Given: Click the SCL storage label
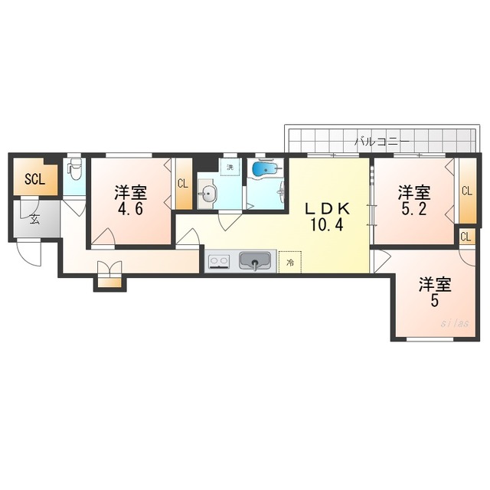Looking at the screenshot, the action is point(35,179).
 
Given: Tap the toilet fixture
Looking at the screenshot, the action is point(75,169).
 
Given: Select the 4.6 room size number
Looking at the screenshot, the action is point(130,209).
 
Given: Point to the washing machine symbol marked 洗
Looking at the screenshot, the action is point(230,167).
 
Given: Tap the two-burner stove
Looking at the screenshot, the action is point(219,261).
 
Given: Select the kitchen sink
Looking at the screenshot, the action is point(255,260).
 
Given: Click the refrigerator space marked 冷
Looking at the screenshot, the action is point(290,263).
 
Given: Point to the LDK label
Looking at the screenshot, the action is point(327,208).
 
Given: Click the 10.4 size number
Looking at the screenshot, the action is point(327,224).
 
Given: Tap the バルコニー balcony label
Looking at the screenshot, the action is point(382,142).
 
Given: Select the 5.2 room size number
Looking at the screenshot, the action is point(413,209).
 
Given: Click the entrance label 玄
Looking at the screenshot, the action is point(34,220).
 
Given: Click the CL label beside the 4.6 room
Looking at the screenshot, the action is point(183,184).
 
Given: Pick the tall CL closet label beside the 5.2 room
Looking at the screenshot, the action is point(467,191).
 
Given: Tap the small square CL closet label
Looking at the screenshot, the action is point(465,237).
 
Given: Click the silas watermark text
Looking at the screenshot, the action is point(455,323).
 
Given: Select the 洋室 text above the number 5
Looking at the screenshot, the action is point(435,284).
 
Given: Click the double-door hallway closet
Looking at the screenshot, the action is point(109,274).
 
